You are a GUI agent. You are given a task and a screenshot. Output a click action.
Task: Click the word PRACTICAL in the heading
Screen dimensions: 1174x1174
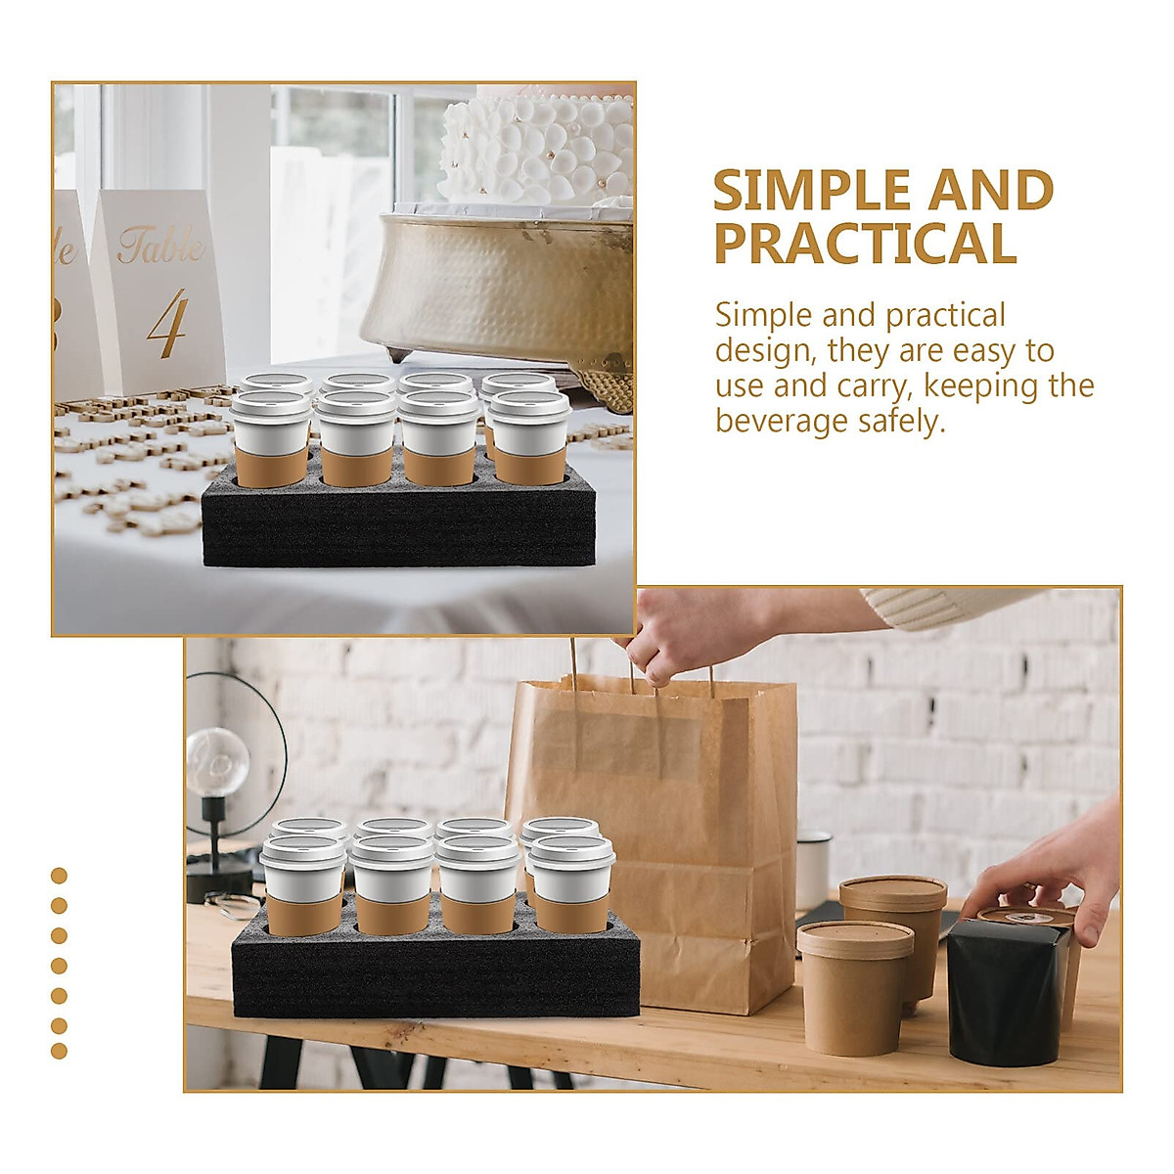866,245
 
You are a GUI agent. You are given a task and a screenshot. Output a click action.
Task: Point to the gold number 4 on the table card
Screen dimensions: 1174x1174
167,323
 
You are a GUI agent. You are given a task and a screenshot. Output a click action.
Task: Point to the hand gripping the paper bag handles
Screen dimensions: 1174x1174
675,636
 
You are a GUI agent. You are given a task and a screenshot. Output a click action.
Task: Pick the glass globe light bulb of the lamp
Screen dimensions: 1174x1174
217,761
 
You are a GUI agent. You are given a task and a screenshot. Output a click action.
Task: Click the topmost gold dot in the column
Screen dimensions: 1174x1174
59,876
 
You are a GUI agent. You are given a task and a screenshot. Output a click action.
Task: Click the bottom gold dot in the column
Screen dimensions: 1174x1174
59,1051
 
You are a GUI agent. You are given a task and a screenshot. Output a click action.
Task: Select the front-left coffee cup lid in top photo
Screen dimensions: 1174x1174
269,404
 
